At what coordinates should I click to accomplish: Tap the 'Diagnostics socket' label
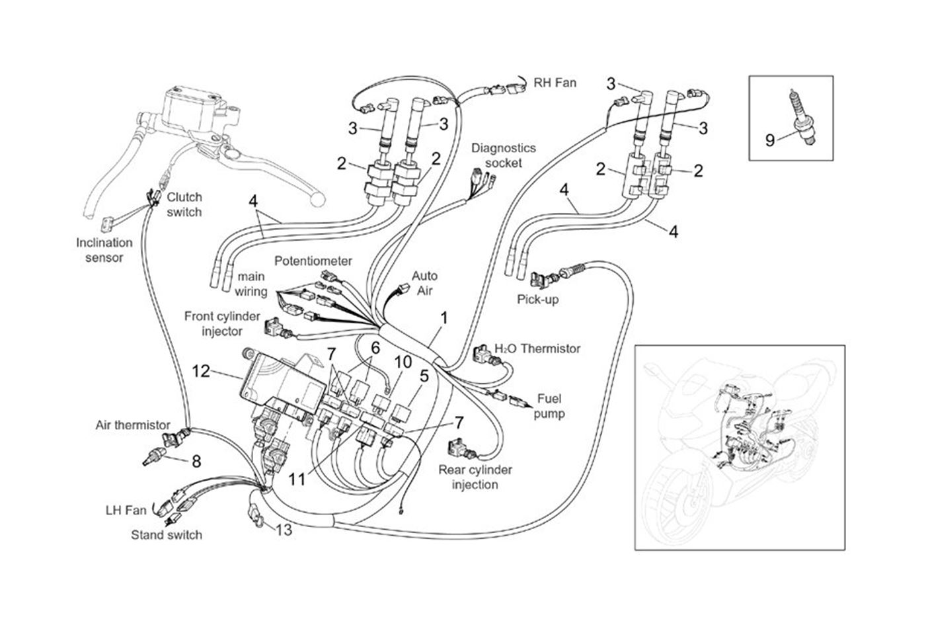503,155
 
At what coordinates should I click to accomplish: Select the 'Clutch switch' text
184,204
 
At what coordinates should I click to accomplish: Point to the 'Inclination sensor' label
104,250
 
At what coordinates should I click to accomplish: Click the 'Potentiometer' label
313,261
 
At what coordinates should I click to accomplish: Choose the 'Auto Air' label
424,282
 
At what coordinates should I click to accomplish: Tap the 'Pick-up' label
537,299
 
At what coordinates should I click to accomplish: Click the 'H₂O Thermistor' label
537,349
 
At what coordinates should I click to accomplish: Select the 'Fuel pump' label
550,406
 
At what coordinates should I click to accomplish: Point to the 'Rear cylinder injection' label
475,477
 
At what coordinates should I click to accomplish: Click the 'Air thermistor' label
133,425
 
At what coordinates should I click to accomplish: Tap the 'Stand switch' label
166,534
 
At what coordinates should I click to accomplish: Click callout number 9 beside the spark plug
769,140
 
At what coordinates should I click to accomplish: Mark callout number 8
196,462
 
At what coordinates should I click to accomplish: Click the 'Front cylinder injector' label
222,323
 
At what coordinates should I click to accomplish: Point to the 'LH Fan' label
126,511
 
